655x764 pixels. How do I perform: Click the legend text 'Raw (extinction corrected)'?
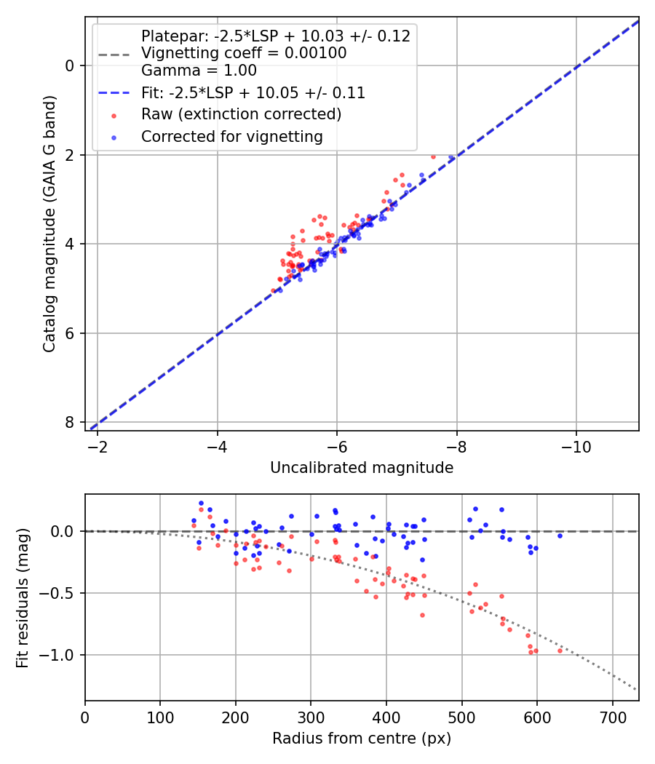click(x=241, y=114)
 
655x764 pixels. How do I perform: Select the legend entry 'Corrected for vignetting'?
click(x=231, y=136)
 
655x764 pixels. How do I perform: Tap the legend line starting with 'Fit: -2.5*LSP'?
click(x=253, y=93)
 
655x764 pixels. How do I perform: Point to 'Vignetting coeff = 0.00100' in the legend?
click(x=244, y=53)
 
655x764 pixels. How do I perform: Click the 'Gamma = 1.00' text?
click(x=199, y=71)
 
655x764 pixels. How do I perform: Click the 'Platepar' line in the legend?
click(x=275, y=36)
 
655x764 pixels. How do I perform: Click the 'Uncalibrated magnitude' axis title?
click(x=362, y=468)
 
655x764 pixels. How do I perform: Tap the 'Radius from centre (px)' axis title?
click(x=362, y=739)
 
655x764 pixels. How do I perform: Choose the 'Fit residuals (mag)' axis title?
click(x=23, y=597)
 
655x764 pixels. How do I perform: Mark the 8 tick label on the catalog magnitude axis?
click(x=70, y=423)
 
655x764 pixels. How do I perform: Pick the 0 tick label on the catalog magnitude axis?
click(x=70, y=65)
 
